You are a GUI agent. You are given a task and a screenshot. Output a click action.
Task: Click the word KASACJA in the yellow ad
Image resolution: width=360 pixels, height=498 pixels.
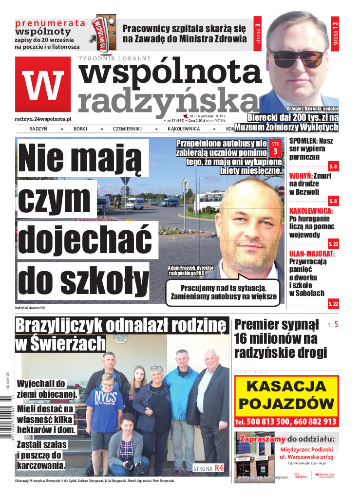pyautogui.click(x=286, y=387)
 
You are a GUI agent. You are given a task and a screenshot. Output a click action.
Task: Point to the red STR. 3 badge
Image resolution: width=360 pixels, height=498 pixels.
pyautogui.click(x=275, y=148)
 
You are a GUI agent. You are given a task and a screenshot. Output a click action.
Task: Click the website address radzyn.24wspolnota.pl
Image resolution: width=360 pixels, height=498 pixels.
pyautogui.click(x=43, y=118)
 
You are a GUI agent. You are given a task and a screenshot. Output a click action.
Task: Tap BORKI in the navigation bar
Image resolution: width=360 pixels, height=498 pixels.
pyautogui.click(x=80, y=129)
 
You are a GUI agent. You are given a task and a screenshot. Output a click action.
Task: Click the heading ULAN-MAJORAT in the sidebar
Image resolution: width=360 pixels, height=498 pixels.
pyautogui.click(x=312, y=254)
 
